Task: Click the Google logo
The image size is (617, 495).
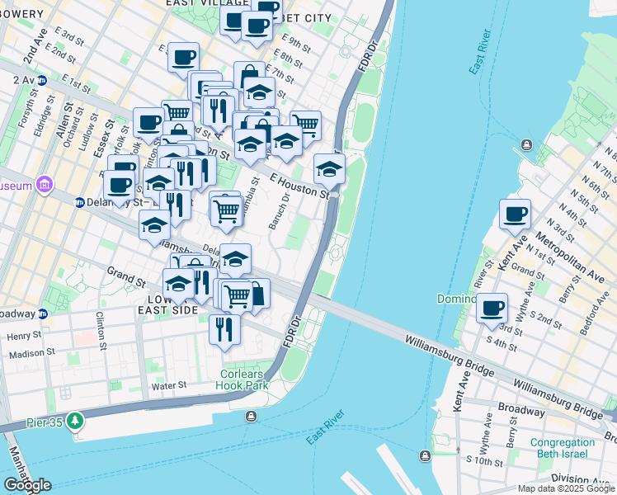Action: click(27, 485)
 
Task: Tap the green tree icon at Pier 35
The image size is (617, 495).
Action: click(75, 421)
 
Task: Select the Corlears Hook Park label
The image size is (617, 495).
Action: click(243, 379)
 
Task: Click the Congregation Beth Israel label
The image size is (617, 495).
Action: click(562, 448)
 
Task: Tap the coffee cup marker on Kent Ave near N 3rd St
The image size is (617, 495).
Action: click(516, 214)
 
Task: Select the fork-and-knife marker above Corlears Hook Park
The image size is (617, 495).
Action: click(224, 329)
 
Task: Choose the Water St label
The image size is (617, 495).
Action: click(169, 385)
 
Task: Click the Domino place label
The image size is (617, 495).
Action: click(456, 299)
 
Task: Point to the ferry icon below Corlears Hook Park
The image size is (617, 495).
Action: click(250, 415)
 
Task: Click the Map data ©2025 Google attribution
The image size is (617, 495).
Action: click(565, 488)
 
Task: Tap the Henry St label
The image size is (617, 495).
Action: click(25, 336)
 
